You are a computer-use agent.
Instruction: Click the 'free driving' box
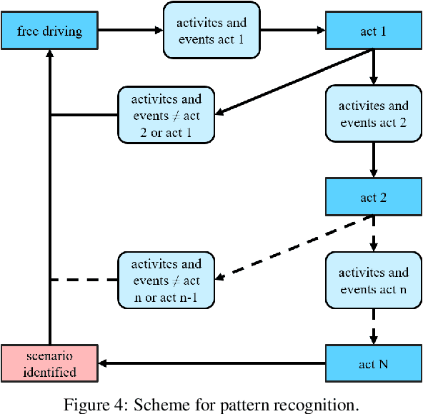49,31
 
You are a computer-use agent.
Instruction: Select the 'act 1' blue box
373,31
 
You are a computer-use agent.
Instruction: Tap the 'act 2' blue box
373,196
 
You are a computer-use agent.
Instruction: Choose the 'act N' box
373,363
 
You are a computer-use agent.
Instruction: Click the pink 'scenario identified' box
49,363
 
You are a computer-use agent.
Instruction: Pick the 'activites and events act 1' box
210,31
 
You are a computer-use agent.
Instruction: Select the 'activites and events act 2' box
373,113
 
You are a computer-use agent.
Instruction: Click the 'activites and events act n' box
373,280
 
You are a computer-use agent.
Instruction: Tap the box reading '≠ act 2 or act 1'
166,114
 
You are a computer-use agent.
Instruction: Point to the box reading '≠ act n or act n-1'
166,280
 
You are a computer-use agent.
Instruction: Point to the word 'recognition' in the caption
322,405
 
